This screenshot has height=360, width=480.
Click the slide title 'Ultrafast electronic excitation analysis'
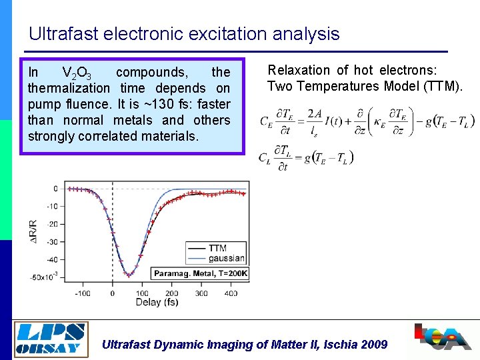tap(184, 34)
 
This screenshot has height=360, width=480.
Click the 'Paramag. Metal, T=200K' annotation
tap(201, 273)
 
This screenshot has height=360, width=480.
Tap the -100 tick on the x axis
tap(82, 293)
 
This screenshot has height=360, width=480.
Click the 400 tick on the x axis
tap(231, 293)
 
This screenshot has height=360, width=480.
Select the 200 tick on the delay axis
tap(171, 293)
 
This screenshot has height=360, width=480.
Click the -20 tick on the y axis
tap(51, 224)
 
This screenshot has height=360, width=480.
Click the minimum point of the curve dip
tap(128, 275)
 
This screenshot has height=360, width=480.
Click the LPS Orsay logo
tap(51, 337)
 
